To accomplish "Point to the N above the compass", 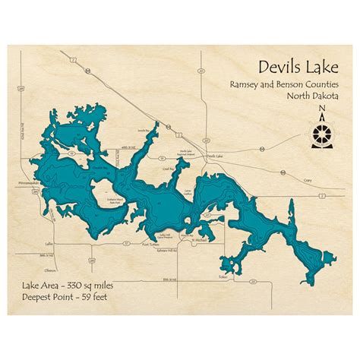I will coord(322,115).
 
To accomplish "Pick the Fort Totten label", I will coord(154,245).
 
